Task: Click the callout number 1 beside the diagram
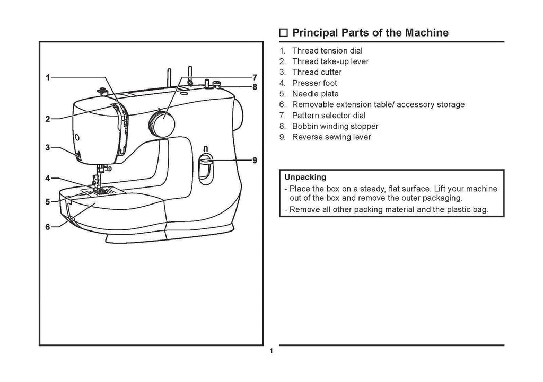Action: (47, 77)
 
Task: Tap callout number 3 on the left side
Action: (47, 148)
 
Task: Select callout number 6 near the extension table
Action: (47, 227)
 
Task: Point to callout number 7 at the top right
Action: (255, 77)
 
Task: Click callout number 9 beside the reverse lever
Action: (255, 160)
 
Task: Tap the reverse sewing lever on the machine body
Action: (206, 161)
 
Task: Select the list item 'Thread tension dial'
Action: (327, 51)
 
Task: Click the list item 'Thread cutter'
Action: (317, 72)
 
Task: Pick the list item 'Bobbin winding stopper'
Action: (335, 126)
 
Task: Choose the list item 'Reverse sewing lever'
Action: (331, 137)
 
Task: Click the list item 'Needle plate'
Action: (315, 94)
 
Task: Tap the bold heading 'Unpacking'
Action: (305, 177)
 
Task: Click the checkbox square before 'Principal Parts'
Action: (284, 33)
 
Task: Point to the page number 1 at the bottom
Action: (271, 352)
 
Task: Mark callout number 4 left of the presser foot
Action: (47, 179)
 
